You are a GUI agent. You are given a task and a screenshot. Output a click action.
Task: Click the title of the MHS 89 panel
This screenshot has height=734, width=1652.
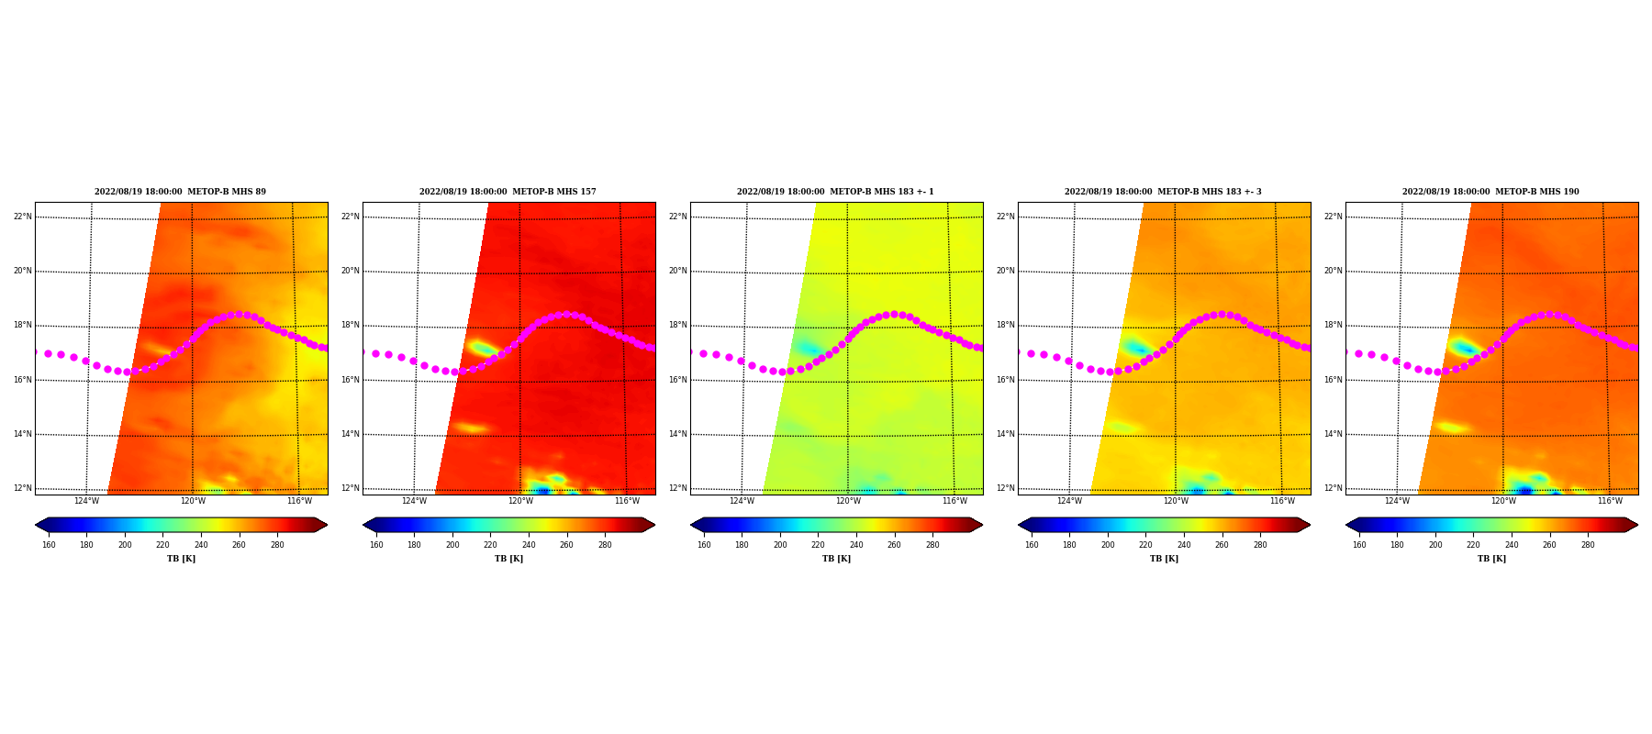(181, 192)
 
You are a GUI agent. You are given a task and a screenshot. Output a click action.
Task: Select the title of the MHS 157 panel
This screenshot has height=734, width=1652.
(508, 192)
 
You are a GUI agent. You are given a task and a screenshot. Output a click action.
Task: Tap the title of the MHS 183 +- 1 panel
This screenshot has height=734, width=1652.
(835, 192)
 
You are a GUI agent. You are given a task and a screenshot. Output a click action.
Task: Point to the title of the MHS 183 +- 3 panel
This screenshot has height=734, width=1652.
(1163, 192)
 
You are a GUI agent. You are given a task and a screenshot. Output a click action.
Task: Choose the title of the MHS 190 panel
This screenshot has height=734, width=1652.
(1490, 192)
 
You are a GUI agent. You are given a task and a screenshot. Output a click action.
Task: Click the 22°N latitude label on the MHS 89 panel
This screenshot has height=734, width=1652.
(22, 217)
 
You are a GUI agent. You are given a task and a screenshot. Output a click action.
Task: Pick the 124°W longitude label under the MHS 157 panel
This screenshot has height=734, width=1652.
(414, 501)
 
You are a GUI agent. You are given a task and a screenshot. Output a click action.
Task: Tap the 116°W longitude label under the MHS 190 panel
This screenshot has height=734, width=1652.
(1610, 501)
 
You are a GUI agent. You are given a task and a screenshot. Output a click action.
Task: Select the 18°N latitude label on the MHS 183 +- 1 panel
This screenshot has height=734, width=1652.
(677, 326)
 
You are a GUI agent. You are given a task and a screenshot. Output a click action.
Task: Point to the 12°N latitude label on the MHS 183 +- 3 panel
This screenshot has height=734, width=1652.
(1005, 488)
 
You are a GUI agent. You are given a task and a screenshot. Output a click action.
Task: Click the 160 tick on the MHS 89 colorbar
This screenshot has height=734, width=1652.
(49, 545)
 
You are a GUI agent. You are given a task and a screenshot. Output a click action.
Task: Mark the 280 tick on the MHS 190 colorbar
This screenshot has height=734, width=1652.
(1588, 545)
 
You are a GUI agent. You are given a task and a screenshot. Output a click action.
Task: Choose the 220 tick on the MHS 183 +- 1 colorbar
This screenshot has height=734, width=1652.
(818, 545)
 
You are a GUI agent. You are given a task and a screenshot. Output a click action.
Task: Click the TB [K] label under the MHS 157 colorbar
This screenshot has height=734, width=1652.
(508, 559)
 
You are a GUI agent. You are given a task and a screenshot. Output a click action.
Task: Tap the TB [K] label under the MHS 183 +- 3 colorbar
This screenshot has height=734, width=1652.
(1164, 559)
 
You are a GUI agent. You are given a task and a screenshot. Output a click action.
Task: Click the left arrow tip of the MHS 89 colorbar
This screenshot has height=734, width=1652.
(36, 525)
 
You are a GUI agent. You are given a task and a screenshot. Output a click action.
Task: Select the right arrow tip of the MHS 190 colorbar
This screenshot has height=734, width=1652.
(1637, 525)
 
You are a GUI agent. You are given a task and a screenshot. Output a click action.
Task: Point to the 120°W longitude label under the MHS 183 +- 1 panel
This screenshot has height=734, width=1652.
(848, 501)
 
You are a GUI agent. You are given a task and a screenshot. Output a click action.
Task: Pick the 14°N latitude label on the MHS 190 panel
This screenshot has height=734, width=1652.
(1333, 434)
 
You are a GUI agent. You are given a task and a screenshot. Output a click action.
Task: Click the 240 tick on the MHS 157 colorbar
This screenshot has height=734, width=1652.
(529, 545)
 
